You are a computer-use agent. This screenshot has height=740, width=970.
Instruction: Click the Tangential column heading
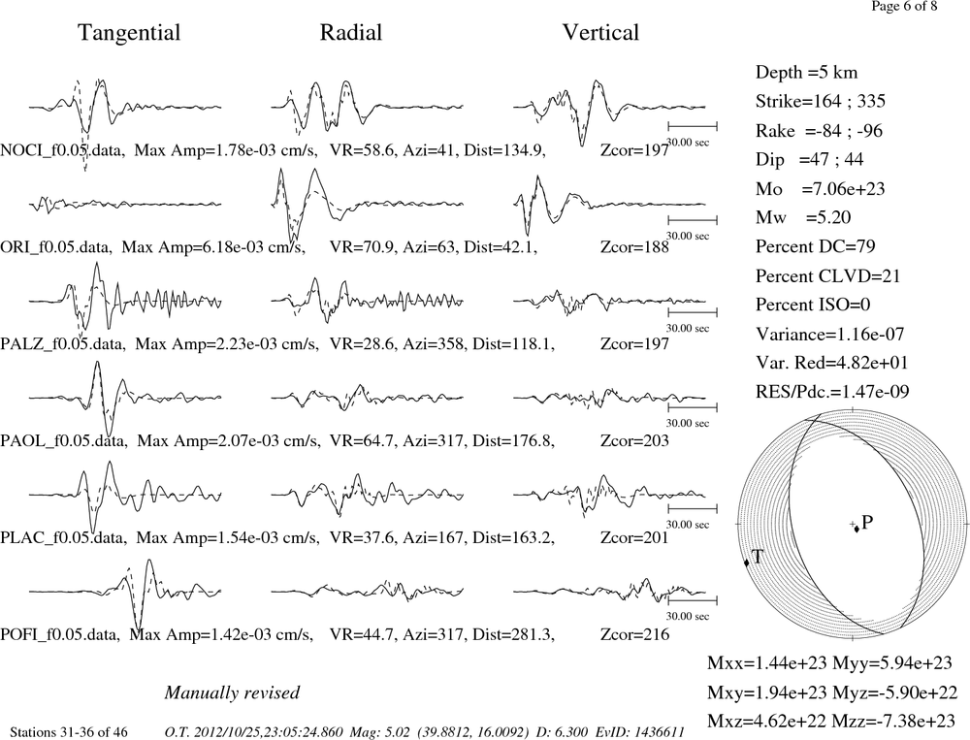point(129,33)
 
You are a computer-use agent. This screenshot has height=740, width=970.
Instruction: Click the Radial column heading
point(351,32)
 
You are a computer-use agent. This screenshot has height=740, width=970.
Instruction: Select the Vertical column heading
point(600,32)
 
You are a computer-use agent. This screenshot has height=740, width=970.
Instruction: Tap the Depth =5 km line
point(807,73)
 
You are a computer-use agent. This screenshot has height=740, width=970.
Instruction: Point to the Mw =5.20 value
point(803,217)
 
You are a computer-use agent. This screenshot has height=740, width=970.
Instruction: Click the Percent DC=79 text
point(816,246)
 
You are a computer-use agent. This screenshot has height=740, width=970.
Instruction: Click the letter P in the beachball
point(867,523)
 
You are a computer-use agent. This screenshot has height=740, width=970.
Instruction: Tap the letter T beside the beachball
point(758,557)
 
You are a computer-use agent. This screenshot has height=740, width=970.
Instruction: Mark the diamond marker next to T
point(746,562)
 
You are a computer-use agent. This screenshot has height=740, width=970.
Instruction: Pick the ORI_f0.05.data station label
point(55,247)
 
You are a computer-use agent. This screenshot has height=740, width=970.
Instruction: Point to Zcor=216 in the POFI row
point(634,634)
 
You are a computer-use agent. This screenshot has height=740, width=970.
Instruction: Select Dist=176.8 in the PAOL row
point(513,440)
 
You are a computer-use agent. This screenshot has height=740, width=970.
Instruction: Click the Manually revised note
point(232,692)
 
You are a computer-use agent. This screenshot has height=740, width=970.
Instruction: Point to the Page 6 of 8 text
point(904,6)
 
